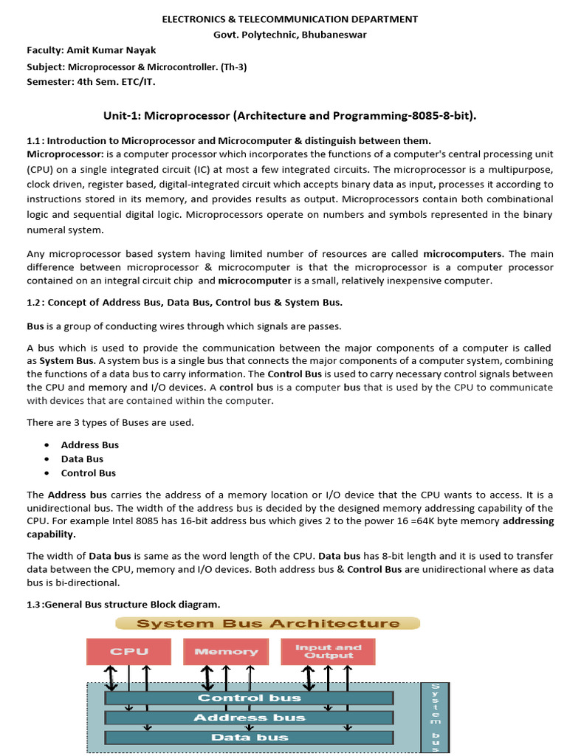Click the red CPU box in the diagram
coord(129,650)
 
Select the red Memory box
coord(226,650)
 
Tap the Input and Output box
coord(328,650)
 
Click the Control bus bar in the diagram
coord(249,698)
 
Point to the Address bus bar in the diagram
coord(249,717)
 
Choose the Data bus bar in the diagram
coord(249,737)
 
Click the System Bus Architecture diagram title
coord(268,623)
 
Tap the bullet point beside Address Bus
coord(47,445)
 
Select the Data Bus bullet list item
coord(82,459)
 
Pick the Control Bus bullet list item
coord(88,473)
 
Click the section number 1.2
coord(34,302)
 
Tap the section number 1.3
coord(34,604)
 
